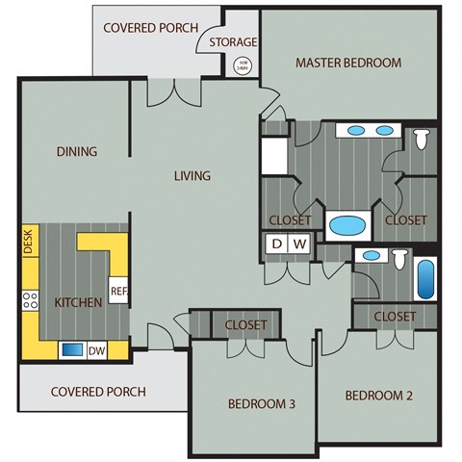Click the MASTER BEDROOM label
[347, 64]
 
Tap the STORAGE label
[233, 42]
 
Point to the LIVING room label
[192, 176]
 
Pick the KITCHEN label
[78, 302]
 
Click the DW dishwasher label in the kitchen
[96, 350]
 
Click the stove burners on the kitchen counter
[29, 299]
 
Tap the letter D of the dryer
[276, 244]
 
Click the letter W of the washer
[299, 244]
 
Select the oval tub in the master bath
[347, 227]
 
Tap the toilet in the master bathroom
[422, 141]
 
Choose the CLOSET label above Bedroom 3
[245, 325]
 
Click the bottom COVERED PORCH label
[98, 392]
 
